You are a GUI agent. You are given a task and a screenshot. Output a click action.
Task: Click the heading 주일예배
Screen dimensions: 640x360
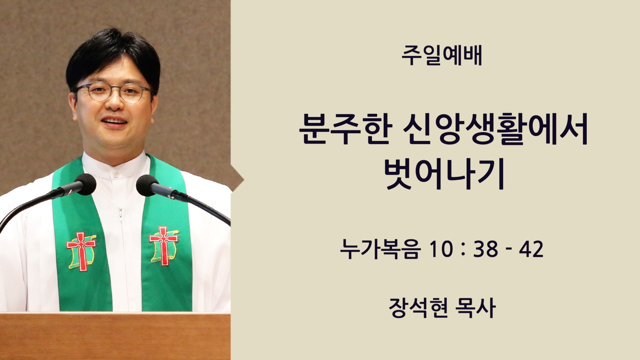tap(442, 56)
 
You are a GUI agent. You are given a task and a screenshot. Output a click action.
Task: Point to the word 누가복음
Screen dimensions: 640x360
tap(379, 249)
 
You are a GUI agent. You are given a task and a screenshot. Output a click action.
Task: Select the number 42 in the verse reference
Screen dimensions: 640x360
tap(531, 249)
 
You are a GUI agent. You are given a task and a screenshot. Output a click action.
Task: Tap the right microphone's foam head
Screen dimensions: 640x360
tap(147, 185)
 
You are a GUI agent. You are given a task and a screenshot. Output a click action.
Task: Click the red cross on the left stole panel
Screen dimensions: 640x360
tap(81, 251)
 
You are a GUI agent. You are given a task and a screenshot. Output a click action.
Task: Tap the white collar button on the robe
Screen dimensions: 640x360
tap(115, 174)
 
